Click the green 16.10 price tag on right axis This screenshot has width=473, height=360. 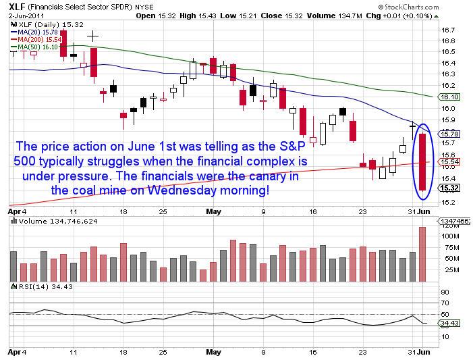[449, 97]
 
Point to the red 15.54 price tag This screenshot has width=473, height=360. [449, 163]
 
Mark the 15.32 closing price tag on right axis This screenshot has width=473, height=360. [449, 188]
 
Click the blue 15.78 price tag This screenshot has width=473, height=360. [449, 134]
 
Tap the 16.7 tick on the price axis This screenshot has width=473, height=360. [446, 30]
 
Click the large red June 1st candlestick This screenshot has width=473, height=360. [423, 161]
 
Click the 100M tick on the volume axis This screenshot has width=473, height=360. [449, 236]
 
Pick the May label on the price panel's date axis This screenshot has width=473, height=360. [214, 211]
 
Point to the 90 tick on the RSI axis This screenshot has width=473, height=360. [445, 292]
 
